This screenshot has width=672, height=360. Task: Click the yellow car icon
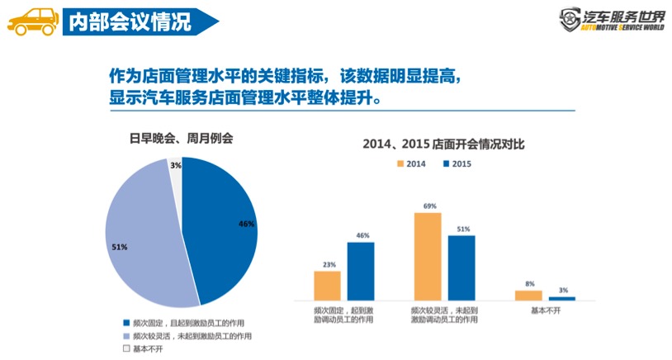(30, 21)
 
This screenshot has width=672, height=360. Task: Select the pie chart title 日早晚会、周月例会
(182, 136)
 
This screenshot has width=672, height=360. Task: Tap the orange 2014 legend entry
(411, 163)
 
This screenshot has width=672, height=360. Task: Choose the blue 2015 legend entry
(457, 163)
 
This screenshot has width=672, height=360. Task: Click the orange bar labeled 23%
(327, 285)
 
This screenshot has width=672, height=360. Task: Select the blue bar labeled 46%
(361, 270)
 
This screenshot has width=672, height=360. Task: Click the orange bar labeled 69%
(428, 255)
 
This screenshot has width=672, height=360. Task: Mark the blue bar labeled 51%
(461, 267)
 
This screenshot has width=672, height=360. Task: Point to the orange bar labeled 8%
(528, 295)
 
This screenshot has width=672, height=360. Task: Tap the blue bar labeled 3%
(562, 297)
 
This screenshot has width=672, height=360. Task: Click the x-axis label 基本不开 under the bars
(545, 310)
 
